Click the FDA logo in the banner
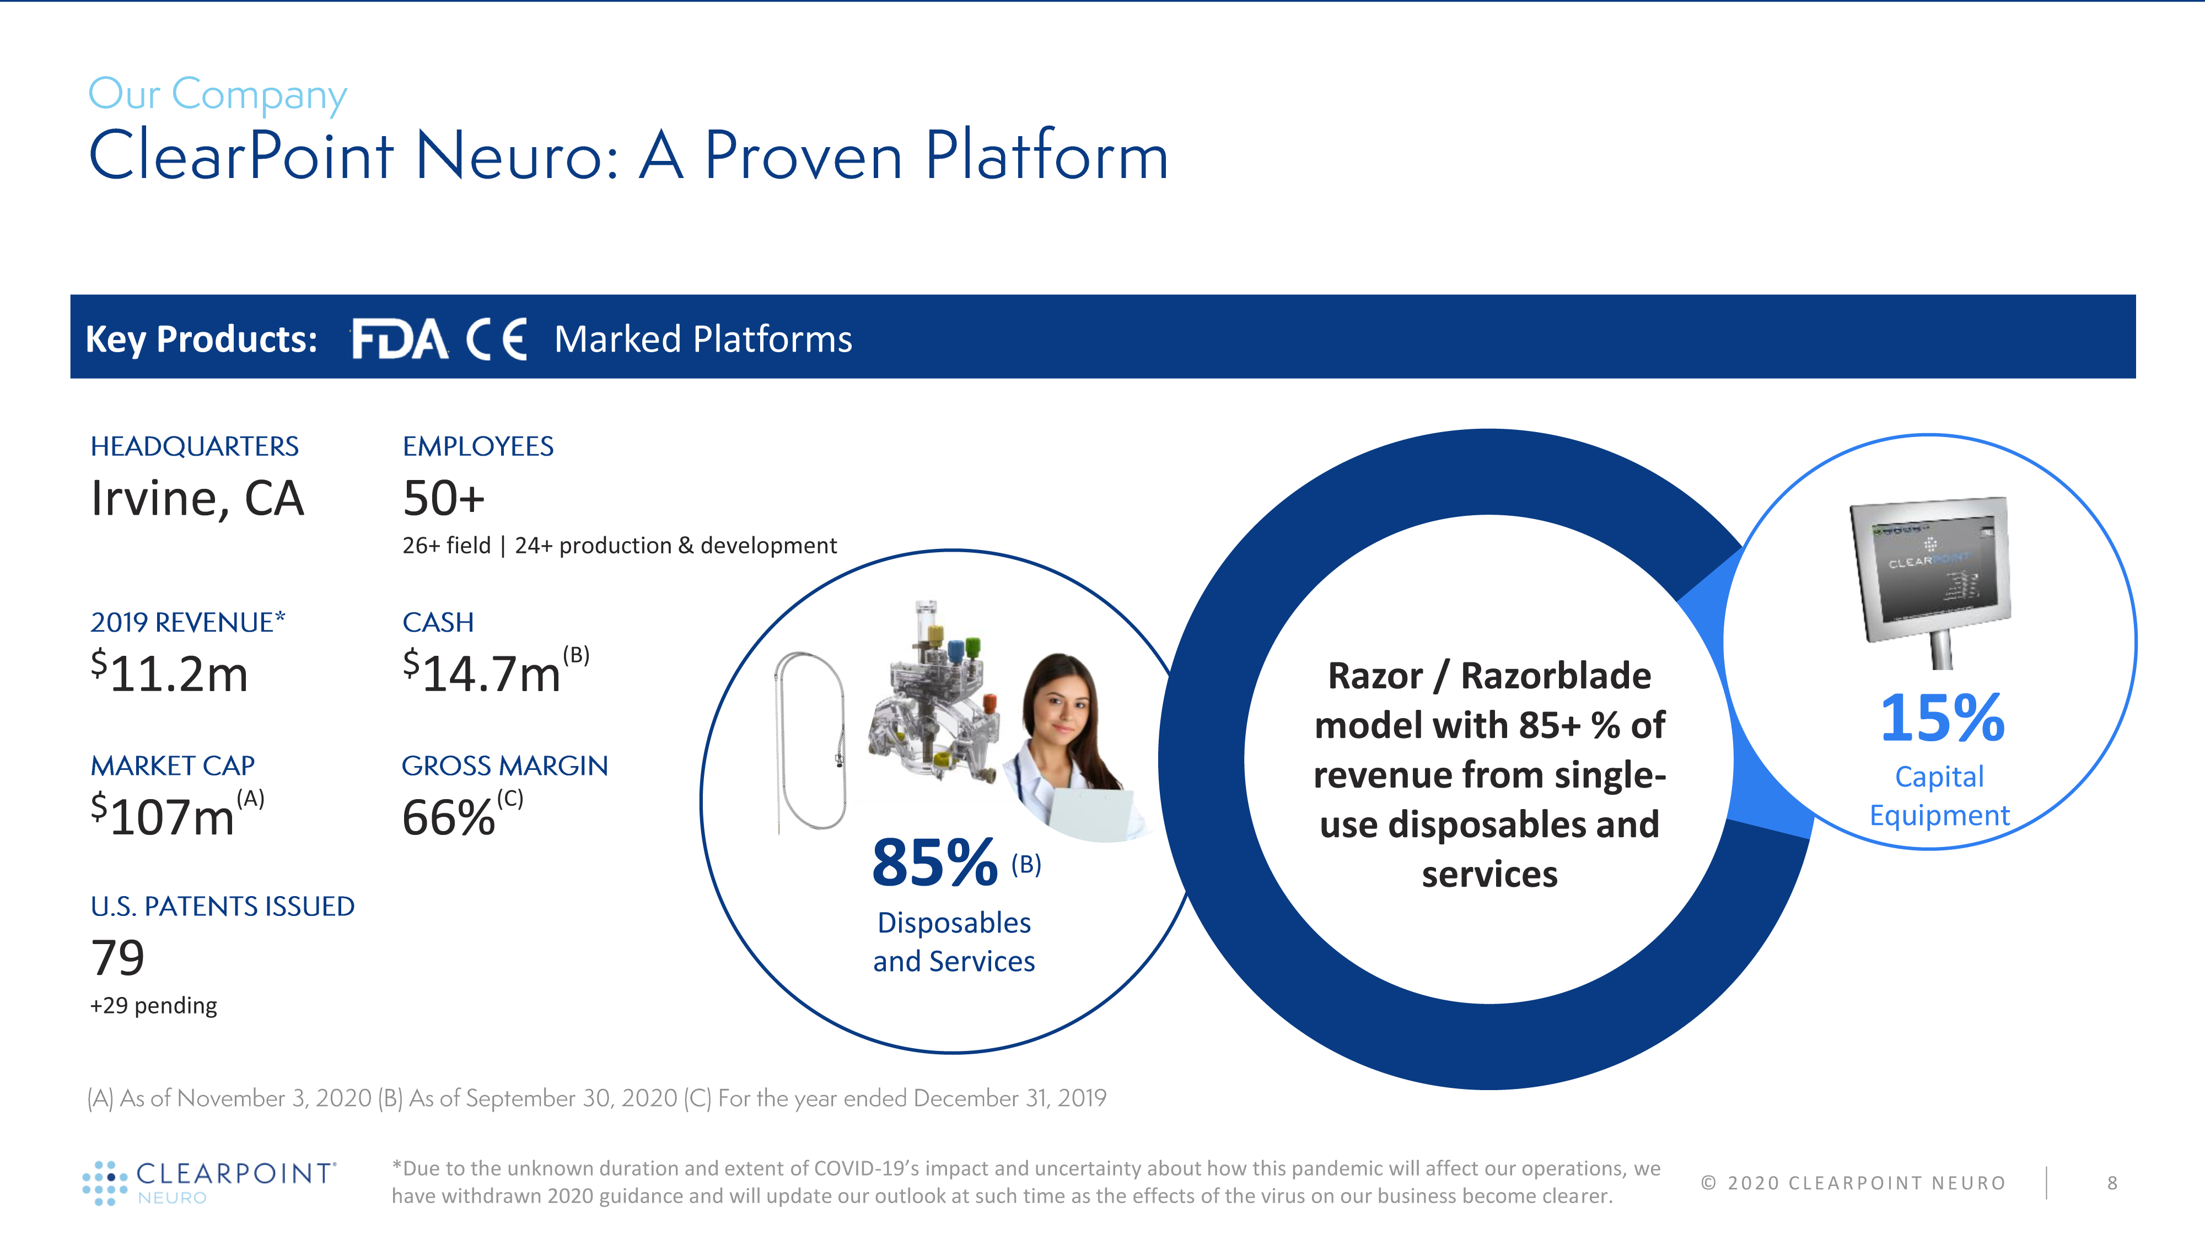400,339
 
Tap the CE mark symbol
497,339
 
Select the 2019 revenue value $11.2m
169,672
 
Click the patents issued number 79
117,958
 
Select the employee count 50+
443,498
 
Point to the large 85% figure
935,862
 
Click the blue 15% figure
1942,718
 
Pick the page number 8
2112,1183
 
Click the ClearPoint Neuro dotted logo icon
104,1183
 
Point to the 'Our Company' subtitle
217,94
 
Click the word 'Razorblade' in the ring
1555,675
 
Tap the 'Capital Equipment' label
1939,796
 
